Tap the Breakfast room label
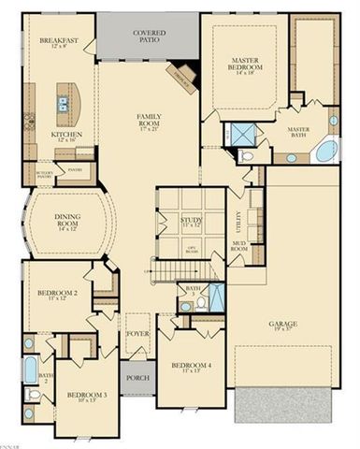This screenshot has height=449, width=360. (57, 42)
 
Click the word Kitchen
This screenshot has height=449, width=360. (65, 134)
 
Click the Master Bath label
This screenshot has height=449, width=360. (298, 132)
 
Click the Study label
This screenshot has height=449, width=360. (191, 221)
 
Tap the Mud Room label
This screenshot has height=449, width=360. (239, 249)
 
